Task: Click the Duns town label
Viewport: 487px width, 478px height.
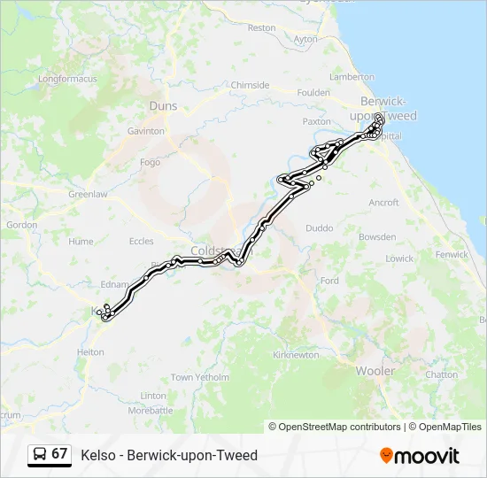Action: pos(164,106)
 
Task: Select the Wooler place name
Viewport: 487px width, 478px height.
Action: pos(375,371)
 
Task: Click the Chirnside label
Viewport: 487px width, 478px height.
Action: pos(250,85)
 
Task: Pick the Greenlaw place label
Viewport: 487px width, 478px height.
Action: pos(88,194)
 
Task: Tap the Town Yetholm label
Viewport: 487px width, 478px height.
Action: pos(194,377)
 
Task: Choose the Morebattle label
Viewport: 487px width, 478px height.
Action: pos(151,411)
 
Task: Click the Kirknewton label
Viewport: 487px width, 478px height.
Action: pos(297,355)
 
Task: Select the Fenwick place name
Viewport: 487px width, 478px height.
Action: pos(452,254)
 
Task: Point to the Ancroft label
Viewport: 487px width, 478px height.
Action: pos(383,203)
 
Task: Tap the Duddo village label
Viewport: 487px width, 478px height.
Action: pos(320,228)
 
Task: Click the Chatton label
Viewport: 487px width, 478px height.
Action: pos(440,374)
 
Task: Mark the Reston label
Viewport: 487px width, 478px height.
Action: pos(261,28)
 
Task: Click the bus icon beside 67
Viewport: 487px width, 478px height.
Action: pos(40,454)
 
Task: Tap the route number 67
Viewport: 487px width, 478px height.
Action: pos(59,454)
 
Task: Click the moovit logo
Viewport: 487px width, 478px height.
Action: pos(420,456)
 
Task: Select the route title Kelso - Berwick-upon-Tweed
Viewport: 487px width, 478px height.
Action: pos(169,455)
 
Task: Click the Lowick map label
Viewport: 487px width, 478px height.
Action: pos(398,258)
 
